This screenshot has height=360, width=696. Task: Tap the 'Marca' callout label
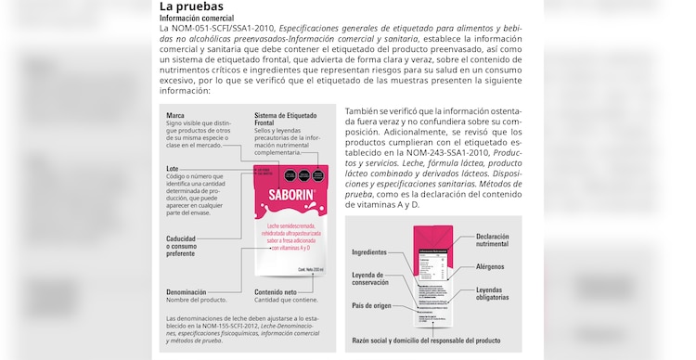(x=175, y=116)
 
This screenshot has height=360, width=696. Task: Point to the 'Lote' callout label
(x=174, y=168)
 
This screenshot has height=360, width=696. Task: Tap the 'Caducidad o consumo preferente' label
(x=182, y=246)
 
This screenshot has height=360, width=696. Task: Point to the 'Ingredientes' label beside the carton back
(x=369, y=252)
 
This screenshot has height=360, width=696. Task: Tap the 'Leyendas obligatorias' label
(x=492, y=293)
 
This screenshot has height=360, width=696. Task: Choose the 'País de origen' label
(x=371, y=305)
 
